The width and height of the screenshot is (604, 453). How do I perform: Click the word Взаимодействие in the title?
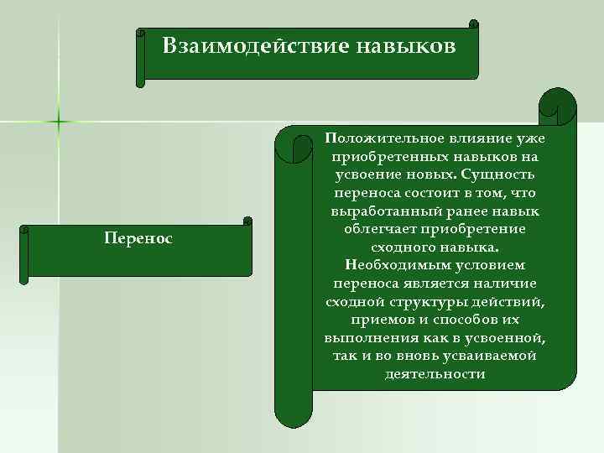(x=239, y=44)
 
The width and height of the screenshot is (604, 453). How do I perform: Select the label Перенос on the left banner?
(x=138, y=239)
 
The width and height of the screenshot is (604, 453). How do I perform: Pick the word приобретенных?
(x=385, y=157)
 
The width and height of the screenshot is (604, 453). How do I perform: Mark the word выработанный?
(x=384, y=211)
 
